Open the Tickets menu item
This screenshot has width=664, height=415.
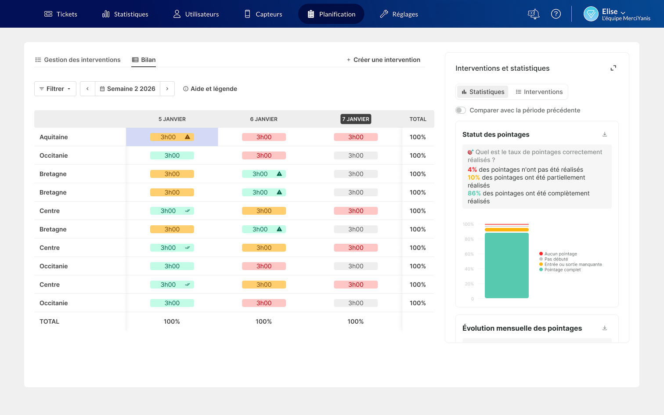pyautogui.click(x=61, y=14)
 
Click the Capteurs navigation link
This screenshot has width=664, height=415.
pyautogui.click(x=263, y=14)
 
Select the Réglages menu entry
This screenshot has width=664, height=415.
pyautogui.click(x=399, y=14)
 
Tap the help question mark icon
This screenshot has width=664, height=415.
pyautogui.click(x=556, y=14)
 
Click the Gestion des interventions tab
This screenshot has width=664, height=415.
pyautogui.click(x=78, y=60)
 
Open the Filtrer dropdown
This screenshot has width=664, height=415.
pyautogui.click(x=55, y=89)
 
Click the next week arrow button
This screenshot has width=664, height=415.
pyautogui.click(x=167, y=89)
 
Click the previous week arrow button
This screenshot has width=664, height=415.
pyautogui.click(x=87, y=89)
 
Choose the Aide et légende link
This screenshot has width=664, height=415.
pyautogui.click(x=210, y=89)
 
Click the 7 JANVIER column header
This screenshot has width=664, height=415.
pyautogui.click(x=356, y=119)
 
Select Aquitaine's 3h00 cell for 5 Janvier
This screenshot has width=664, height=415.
pyautogui.click(x=172, y=137)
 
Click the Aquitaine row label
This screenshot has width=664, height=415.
pyautogui.click(x=54, y=137)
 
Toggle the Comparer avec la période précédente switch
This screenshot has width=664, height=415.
pyautogui.click(x=461, y=110)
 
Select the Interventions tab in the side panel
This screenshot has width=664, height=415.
pyautogui.click(x=539, y=92)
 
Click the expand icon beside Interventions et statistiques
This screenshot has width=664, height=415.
pyautogui.click(x=613, y=68)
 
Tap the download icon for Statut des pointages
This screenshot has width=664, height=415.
pyautogui.click(x=605, y=134)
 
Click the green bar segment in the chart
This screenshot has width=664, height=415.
pyautogui.click(x=507, y=265)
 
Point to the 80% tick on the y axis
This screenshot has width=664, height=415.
pyautogui.click(x=469, y=239)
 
